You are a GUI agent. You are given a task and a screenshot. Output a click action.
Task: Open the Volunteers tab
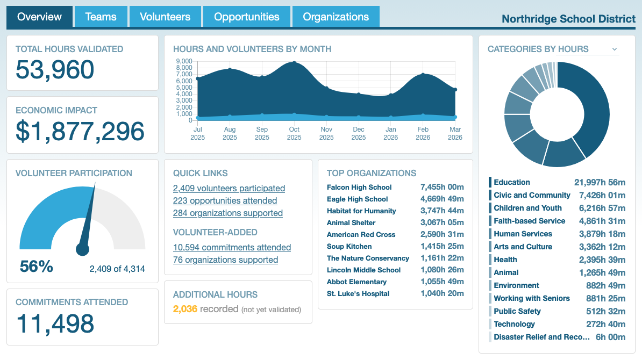[165, 17]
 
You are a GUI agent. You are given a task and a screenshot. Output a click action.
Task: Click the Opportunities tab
[246, 17]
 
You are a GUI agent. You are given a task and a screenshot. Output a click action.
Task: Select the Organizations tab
[336, 17]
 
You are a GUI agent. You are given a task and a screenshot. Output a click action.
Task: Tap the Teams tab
[101, 17]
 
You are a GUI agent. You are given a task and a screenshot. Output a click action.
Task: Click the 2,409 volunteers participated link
[229, 188]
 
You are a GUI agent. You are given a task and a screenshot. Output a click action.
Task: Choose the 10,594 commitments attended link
[232, 247]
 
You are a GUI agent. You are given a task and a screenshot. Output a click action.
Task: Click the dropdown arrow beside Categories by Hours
[615, 49]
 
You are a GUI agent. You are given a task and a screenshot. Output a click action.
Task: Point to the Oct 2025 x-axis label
[294, 133]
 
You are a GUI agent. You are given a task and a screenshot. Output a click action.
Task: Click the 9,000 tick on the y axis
[184, 61]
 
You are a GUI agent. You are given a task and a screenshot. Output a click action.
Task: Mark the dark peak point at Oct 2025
[294, 63]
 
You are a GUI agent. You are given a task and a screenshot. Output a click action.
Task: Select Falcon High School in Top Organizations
[359, 187]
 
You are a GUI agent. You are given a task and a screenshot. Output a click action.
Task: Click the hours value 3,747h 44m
[441, 211]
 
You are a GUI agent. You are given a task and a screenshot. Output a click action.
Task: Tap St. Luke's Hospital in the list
[358, 293]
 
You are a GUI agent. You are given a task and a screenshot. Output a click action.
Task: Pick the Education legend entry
[511, 182]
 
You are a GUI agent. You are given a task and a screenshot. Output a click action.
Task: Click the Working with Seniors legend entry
[531, 298]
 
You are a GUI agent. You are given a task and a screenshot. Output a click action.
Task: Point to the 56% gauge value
[36, 267]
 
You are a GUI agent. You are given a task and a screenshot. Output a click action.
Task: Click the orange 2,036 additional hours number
[185, 309]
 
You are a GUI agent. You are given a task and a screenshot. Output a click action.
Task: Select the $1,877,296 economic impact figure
[80, 132]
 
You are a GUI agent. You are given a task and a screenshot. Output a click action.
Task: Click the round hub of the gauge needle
[82, 249]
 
